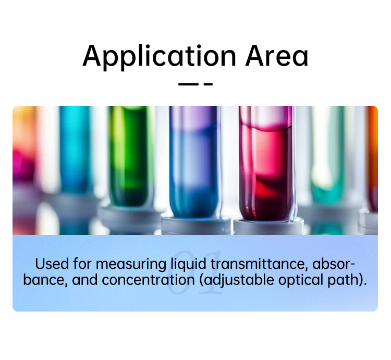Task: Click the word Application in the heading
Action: point(159,57)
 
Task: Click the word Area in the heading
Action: point(277,56)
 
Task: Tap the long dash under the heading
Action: point(188,84)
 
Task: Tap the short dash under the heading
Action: point(208,84)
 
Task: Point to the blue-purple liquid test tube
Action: point(195,162)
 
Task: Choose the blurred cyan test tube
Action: point(75,150)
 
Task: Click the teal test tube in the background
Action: point(327,154)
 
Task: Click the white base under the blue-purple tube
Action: point(195,226)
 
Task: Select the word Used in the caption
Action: point(52,264)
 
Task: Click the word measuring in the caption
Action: point(131,265)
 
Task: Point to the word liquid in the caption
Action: point(189,265)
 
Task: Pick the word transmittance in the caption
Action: point(259,264)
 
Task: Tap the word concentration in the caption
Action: point(148,280)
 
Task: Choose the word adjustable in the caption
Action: point(239,280)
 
